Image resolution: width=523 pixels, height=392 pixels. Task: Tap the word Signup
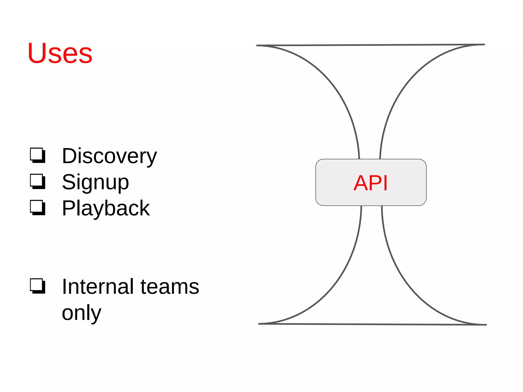[x=95, y=182]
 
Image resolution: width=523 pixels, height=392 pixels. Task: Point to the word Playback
[x=106, y=208]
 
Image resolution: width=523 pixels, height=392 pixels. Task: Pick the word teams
[x=170, y=287]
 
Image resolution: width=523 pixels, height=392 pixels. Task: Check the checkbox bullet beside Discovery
[x=38, y=155]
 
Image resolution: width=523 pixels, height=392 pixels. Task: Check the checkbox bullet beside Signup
[x=38, y=181]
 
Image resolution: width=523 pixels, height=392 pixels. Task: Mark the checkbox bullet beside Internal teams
[x=38, y=286]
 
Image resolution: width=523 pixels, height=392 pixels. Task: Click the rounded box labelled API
[x=371, y=182]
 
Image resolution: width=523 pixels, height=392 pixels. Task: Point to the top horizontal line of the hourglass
[x=370, y=45]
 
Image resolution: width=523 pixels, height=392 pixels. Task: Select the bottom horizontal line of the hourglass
[x=372, y=324]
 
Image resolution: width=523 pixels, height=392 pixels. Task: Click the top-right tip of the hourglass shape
[x=484, y=45]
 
